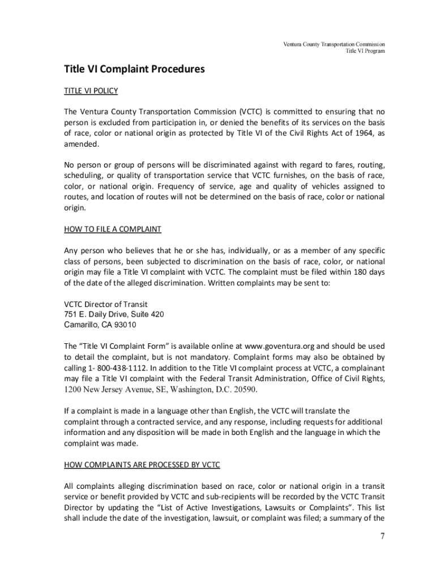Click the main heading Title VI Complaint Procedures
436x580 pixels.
coord(134,70)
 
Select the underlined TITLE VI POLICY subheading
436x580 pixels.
coord(91,91)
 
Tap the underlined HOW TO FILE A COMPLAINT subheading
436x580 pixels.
coord(113,229)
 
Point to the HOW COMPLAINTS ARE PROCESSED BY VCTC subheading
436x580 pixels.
coord(142,464)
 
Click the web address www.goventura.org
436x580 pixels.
coord(280,346)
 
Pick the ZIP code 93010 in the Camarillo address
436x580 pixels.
coord(125,325)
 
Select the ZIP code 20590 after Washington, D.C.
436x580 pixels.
coord(241,390)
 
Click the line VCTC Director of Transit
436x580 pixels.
coord(106,304)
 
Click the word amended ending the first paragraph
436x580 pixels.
coord(81,144)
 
